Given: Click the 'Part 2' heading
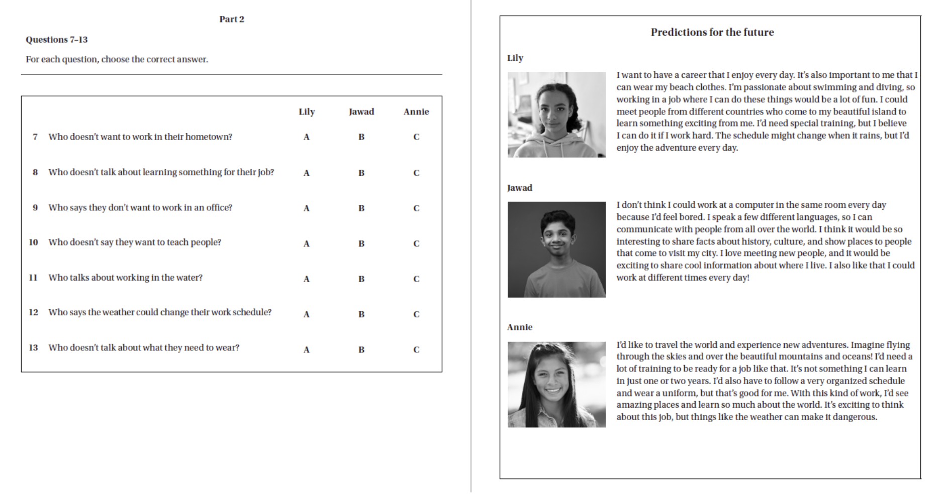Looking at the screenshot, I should click(231, 19).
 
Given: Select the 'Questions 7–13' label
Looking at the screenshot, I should click(57, 39).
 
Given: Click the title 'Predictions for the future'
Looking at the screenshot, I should click(712, 32).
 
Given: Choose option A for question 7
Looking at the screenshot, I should click(306, 137).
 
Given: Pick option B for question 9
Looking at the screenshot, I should click(361, 208).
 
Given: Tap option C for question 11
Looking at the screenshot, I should click(416, 279).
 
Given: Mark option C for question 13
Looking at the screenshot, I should click(416, 349).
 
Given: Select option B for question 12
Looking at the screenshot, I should click(361, 314).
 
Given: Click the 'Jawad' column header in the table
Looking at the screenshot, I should click(361, 111).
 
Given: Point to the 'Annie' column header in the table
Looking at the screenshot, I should click(416, 111).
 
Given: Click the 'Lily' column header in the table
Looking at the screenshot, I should click(306, 111).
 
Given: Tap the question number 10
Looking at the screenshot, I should click(33, 242).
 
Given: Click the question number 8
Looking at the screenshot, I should click(35, 172).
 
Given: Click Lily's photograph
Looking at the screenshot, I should click(556, 114).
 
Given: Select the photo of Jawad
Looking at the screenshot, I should click(556, 250).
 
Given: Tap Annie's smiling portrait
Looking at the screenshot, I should click(556, 385).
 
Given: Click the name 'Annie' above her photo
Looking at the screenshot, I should click(519, 327).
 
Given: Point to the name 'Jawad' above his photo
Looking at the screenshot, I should click(519, 188).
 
